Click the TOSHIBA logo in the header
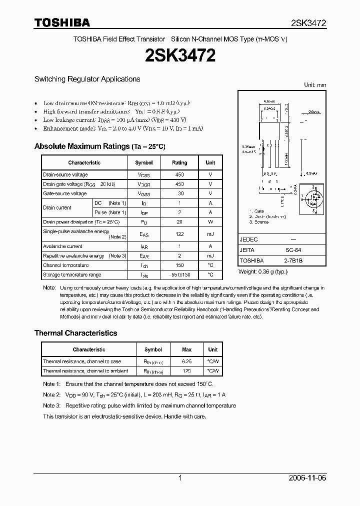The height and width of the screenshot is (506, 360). click(62, 22)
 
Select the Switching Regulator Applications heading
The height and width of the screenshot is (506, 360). click(87, 79)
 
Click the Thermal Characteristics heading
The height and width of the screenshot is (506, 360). click(75, 333)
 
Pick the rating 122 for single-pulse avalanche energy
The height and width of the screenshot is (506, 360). click(179, 234)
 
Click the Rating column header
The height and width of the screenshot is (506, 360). click(179, 162)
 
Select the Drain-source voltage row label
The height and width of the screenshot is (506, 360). click(65, 174)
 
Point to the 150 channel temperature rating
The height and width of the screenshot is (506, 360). click(179, 265)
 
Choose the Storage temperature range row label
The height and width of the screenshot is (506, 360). click(72, 274)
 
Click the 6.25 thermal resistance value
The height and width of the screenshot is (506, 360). click(187, 361)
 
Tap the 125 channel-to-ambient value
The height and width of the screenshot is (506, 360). click(187, 371)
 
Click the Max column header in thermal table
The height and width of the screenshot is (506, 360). click(187, 349)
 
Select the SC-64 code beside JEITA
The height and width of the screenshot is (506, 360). click(293, 250)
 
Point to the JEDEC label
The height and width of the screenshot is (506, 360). click(248, 239)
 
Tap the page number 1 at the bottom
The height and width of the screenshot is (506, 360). click(180, 478)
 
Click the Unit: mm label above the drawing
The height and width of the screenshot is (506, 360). click(315, 85)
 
